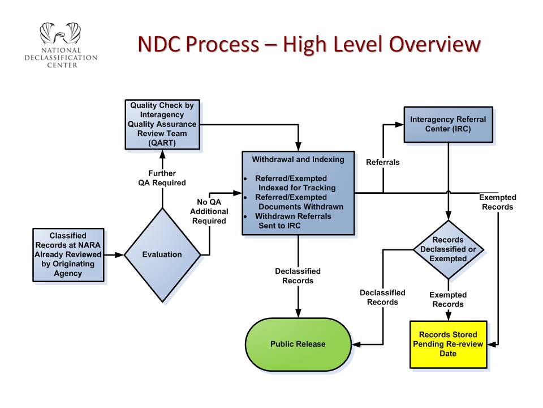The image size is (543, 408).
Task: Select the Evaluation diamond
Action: (162, 255)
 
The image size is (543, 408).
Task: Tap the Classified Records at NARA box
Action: (68, 254)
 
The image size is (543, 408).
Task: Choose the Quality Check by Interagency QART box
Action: (163, 124)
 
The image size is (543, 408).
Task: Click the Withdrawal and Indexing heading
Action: (298, 159)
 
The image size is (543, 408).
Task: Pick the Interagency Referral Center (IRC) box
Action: (448, 124)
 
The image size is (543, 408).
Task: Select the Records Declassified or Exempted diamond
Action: (449, 249)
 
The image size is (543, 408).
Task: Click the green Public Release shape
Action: (298, 344)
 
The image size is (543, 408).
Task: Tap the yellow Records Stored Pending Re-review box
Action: (448, 344)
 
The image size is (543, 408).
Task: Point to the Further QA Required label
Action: (162, 178)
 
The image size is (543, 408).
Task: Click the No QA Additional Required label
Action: (209, 211)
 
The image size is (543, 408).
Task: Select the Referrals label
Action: (383, 163)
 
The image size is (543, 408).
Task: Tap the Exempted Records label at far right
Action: (498, 202)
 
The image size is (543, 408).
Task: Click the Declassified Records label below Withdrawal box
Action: (298, 276)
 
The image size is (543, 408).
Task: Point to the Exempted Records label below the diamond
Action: (448, 300)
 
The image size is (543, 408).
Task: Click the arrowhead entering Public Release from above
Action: (298, 313)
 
